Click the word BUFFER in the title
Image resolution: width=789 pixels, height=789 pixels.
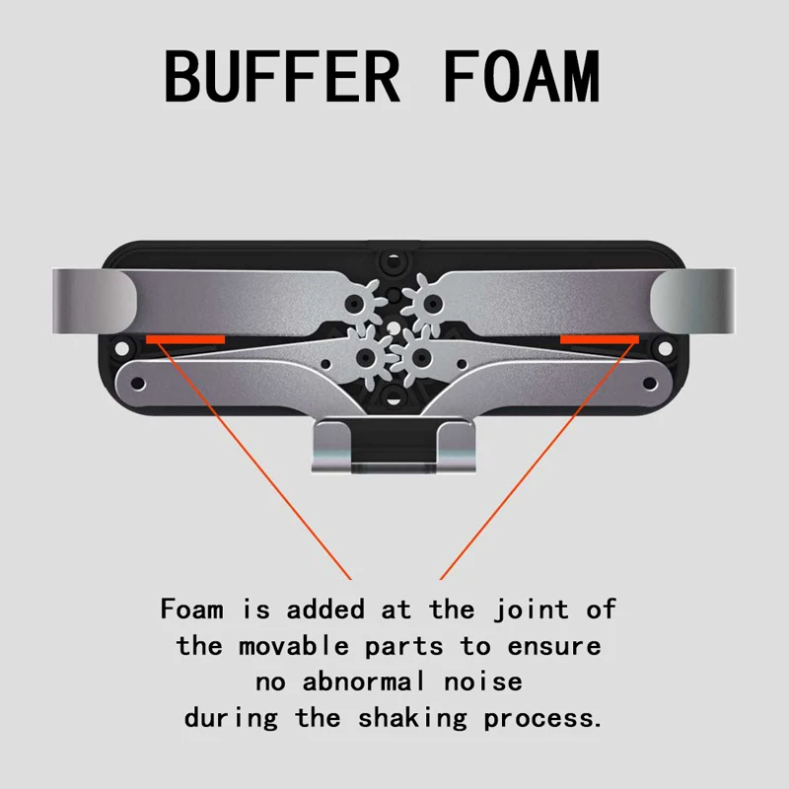coord(282,77)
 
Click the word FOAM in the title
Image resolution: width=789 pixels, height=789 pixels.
coord(522,77)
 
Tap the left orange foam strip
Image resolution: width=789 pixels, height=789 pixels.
coord(185,339)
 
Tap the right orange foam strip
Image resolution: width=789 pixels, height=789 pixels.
coord(600,339)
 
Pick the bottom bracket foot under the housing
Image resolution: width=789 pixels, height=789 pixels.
coord(394,447)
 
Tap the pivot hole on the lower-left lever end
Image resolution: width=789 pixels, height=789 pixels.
coord(137,384)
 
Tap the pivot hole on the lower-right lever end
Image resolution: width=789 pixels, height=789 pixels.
coord(650,384)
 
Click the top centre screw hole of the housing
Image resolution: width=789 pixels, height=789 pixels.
coord(394,261)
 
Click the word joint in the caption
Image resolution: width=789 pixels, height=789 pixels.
coord(531,610)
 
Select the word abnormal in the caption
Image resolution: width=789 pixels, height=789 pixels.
coord(363,682)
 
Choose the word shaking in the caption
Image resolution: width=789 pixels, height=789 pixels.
coord(412,719)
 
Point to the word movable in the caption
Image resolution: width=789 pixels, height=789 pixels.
coord(294,646)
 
